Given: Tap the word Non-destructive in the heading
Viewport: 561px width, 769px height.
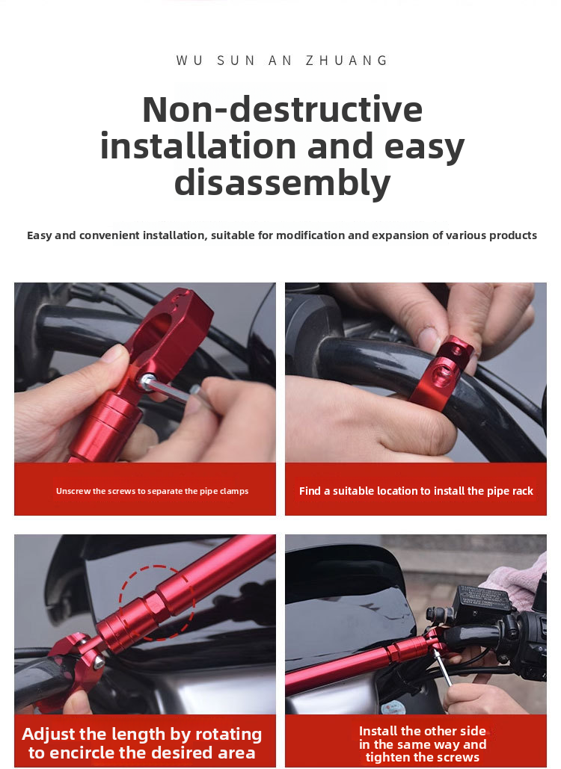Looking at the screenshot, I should point(282,109).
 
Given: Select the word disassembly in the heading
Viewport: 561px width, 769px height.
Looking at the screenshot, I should point(282,182).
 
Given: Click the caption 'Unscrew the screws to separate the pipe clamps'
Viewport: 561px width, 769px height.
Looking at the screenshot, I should point(152,491).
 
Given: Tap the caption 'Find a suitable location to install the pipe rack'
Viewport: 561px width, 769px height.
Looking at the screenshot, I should point(416,491).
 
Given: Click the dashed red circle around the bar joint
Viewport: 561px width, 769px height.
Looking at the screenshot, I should point(156,602).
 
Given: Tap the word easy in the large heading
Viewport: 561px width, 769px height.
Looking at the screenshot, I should point(423,146).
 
